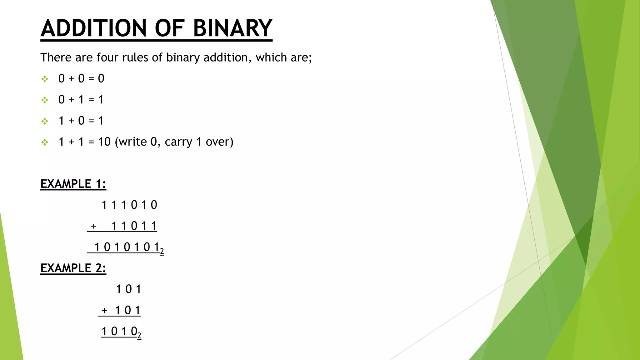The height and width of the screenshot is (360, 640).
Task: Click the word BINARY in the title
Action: (x=232, y=28)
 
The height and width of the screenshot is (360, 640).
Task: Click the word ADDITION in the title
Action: (x=93, y=28)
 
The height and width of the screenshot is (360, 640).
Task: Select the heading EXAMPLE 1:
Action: (x=73, y=184)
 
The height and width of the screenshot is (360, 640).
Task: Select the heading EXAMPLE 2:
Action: (x=73, y=268)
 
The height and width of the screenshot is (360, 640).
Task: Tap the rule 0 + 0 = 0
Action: (x=81, y=78)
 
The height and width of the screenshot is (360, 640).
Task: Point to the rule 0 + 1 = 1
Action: (x=81, y=100)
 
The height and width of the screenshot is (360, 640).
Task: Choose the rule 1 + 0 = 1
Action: (x=81, y=121)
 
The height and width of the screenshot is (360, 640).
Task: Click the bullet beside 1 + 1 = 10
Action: (x=45, y=142)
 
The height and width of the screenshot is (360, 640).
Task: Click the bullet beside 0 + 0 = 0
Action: (x=45, y=79)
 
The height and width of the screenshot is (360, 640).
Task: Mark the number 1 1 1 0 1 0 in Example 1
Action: (x=129, y=205)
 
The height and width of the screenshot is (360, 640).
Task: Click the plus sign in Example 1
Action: (x=93, y=226)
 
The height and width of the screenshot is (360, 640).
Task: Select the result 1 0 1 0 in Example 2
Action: (x=119, y=331)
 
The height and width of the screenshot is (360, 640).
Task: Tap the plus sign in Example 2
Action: (x=104, y=310)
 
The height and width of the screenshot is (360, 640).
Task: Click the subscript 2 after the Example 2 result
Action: (x=139, y=336)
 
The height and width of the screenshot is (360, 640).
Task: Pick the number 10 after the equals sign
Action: (x=104, y=142)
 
